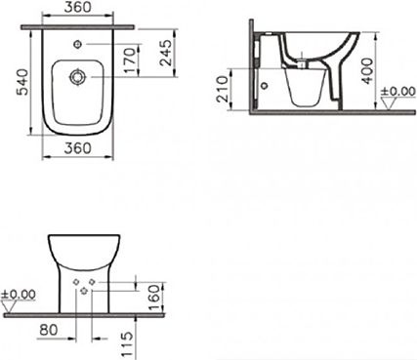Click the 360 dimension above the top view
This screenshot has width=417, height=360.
[x=77, y=7]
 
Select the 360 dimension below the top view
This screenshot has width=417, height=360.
[x=77, y=148]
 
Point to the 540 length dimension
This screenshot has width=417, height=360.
[x=23, y=81]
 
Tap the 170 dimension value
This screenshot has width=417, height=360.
[x=129, y=60]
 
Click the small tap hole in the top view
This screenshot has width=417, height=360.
[x=77, y=44]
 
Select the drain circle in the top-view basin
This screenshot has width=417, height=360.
[x=77, y=77]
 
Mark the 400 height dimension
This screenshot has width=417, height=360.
[x=367, y=71]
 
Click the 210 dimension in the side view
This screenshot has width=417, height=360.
[x=223, y=89]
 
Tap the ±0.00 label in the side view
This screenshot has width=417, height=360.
[x=398, y=92]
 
